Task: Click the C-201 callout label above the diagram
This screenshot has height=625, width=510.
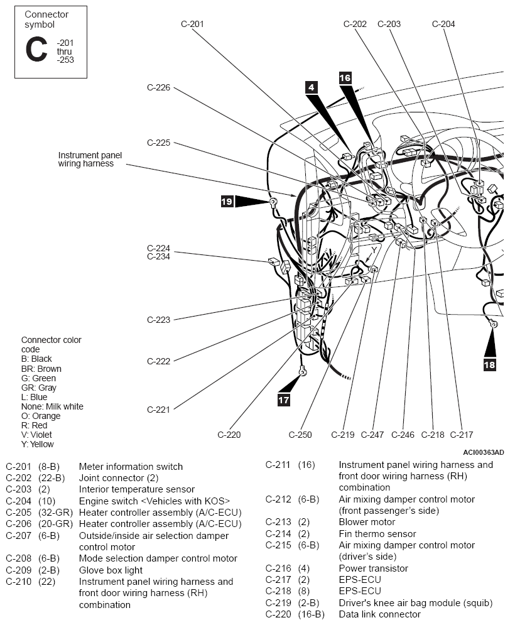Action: pos(192,24)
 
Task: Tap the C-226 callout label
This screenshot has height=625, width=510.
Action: pos(158,87)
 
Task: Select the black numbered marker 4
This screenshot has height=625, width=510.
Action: pos(311,88)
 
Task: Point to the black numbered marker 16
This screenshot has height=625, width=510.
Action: pos(345,78)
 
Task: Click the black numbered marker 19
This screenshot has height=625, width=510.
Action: pos(227,201)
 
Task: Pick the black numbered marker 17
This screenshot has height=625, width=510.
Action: pos(284,399)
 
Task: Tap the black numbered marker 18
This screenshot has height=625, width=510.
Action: pos(490,365)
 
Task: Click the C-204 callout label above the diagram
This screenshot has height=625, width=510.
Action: pos(443,24)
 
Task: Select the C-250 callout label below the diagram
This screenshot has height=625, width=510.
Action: pos(300,435)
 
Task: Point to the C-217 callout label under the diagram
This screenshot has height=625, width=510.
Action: pos(462,435)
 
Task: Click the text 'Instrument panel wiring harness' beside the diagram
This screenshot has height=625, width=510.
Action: pos(90,160)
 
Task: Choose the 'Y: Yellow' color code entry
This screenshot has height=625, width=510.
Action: pos(38,444)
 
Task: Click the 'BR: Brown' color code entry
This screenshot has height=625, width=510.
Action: pos(41,369)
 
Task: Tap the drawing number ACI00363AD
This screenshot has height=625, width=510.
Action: pos(483,452)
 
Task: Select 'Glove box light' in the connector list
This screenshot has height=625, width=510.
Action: pos(111,570)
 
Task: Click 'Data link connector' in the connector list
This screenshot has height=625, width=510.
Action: pos(380,614)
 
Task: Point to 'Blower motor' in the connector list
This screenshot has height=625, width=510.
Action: pos(367,522)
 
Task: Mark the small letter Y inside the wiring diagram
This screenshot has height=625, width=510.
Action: pos(374,251)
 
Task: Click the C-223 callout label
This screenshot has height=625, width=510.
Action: pos(158,320)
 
